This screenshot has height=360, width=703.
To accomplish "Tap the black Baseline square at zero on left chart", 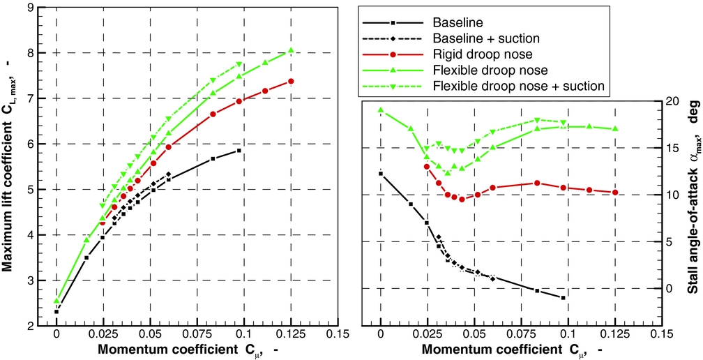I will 56,311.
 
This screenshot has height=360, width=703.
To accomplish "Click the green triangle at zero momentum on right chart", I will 381,110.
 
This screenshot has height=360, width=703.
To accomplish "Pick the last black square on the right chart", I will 563,298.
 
